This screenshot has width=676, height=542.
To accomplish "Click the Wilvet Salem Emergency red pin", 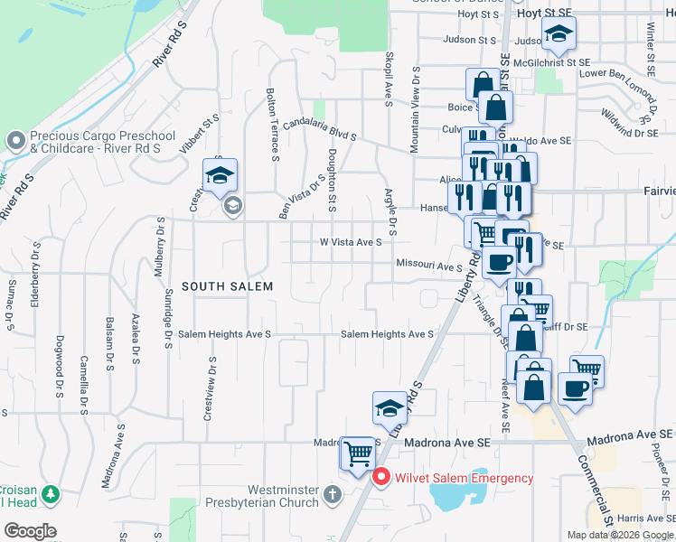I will coord(381,477).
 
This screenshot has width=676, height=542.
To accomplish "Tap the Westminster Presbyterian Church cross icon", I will coord(333,494).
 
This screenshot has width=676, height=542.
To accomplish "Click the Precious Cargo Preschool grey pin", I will coord(14,140).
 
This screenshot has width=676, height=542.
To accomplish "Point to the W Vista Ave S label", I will coord(351,242).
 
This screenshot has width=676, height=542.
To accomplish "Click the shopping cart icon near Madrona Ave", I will coord(358,453).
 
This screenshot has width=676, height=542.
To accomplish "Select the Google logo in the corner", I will coord(30,531).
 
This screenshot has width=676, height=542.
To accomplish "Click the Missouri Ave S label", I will coord(428,266).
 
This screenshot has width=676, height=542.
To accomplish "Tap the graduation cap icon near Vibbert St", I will coord(219,176).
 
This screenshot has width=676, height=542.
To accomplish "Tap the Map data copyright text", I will coord(619,535).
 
